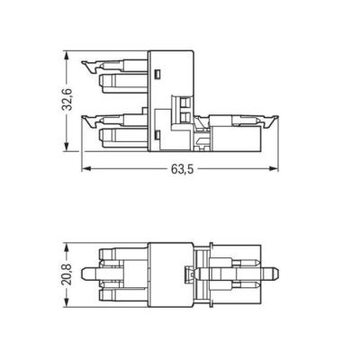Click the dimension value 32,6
[67, 100]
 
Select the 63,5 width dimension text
[183, 169]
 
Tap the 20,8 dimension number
[67, 275]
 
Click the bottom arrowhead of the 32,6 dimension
[67, 147]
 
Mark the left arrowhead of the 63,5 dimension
[86, 169]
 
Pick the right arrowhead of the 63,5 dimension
[274, 169]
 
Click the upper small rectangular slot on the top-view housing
[157, 75]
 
